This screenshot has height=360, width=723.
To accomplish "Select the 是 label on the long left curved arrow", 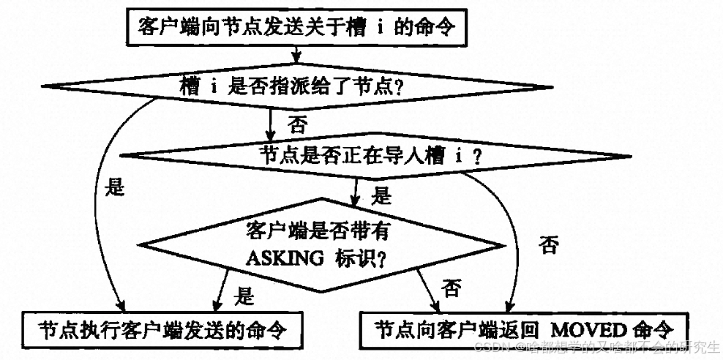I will pos(116,187).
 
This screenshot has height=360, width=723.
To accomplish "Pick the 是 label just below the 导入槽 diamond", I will pos(381,196).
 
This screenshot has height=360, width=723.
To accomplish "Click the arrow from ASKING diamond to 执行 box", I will pos(222,288).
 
